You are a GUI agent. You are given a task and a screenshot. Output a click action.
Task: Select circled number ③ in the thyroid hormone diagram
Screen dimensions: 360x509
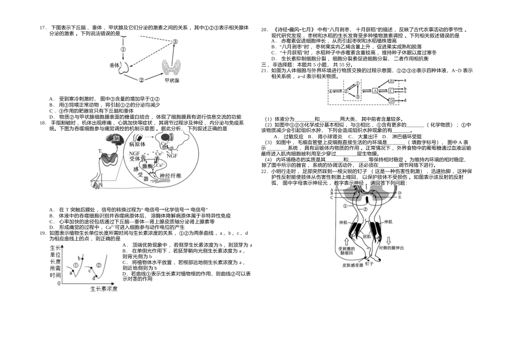click(x=174, y=42)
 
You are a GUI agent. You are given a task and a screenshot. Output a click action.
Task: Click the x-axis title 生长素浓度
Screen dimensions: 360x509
click(x=103, y=289)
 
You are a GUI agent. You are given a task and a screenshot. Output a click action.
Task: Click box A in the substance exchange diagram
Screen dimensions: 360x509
click(x=375, y=91)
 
